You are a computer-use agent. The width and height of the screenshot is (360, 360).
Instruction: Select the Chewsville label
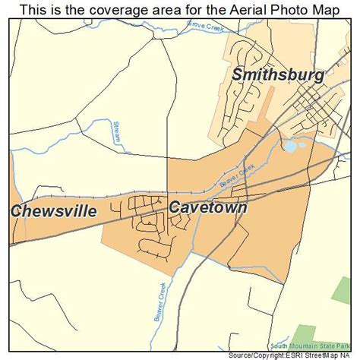pyautogui.click(x=55, y=210)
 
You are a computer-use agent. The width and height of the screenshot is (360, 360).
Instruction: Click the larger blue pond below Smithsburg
pyautogui.click(x=289, y=146)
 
